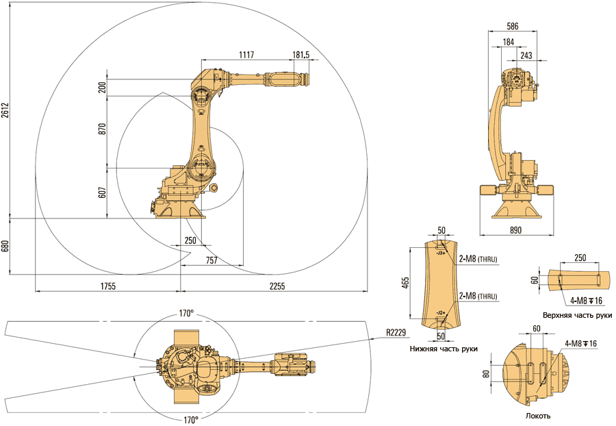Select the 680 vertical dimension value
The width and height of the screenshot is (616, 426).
[x=5, y=247]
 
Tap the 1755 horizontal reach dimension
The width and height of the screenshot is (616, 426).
[x=106, y=285]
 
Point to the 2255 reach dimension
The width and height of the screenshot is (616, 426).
[x=277, y=285]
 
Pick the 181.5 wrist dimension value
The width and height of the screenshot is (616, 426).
[x=300, y=55]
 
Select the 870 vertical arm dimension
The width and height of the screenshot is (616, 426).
[x=103, y=129]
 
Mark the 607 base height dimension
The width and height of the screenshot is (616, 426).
[x=103, y=192]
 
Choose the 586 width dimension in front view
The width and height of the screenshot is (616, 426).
[x=512, y=26]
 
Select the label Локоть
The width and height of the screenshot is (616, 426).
[x=538, y=416]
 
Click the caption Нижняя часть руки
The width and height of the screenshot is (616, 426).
[x=444, y=349]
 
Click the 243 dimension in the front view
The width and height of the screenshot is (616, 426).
[x=526, y=55]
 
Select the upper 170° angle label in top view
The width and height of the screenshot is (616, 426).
[x=186, y=313]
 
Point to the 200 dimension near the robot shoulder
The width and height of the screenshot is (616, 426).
[x=103, y=88]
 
